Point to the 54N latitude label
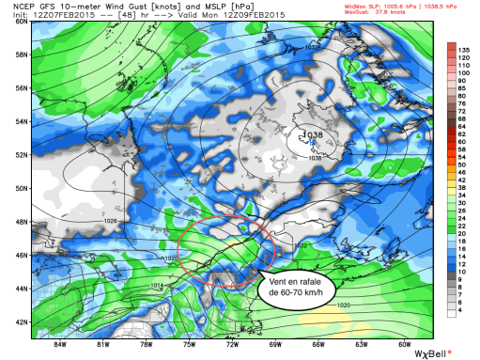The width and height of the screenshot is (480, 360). pos(19,120)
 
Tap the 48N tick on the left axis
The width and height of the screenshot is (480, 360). pos(19,221)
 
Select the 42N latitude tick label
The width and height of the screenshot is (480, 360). pos(19,321)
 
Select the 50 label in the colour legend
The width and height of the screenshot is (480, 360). pos(463,164)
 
